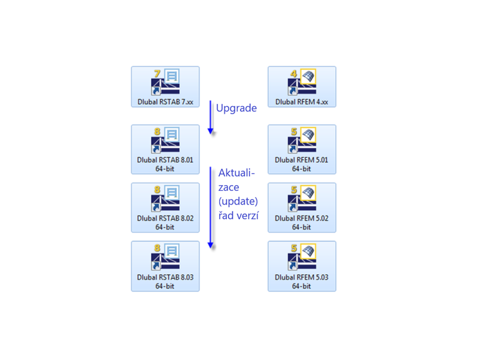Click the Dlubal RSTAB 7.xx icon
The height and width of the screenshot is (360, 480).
click(165, 83)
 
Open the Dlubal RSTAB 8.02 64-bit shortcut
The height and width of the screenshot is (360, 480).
click(165, 200)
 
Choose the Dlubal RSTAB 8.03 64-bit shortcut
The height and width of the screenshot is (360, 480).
click(165, 258)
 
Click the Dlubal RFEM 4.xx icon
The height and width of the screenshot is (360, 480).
click(302, 83)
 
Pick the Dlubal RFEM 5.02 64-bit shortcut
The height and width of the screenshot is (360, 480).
click(302, 200)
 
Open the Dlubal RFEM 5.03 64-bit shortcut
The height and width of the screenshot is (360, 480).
click(302, 258)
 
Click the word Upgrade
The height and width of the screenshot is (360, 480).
click(236, 108)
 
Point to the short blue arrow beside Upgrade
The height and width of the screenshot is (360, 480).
click(211, 117)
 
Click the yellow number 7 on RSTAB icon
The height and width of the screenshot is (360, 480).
click(157, 74)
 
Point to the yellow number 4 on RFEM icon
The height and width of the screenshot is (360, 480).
click(294, 74)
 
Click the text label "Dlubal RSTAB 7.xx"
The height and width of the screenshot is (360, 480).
click(165, 101)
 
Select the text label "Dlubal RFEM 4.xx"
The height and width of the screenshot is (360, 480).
click(302, 101)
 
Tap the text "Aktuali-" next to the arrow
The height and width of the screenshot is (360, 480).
click(236, 172)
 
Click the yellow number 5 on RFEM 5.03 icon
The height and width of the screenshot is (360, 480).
click(294, 248)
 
